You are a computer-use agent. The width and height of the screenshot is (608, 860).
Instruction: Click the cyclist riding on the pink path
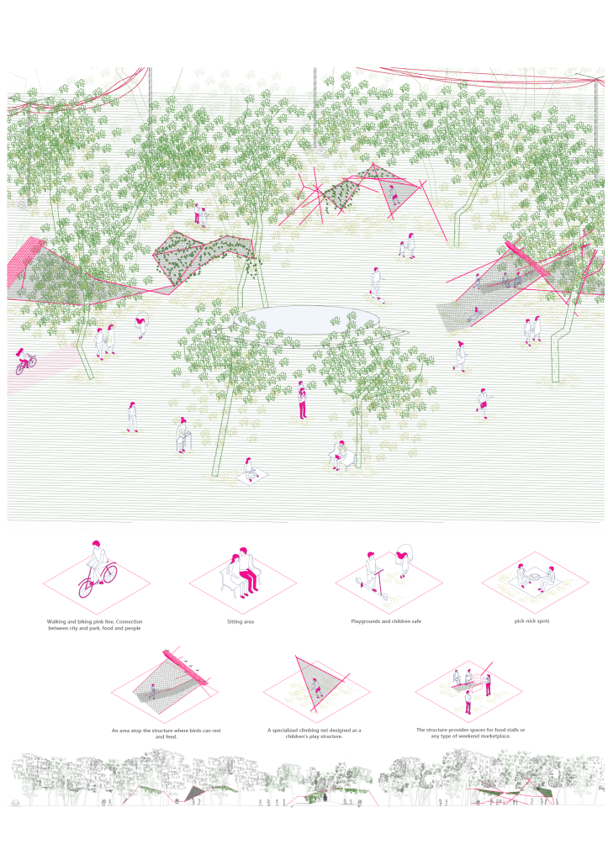[24, 361]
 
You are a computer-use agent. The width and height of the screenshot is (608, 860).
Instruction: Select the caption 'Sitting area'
[241, 621]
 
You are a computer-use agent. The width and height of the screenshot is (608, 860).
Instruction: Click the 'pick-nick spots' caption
[531, 621]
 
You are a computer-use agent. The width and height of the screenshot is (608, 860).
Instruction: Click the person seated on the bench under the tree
[340, 455]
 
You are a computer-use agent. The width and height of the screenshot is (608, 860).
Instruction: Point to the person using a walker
[182, 435]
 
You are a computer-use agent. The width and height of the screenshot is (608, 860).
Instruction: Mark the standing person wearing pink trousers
[302, 400]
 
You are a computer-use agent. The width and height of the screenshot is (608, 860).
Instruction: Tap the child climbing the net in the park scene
[394, 195]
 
